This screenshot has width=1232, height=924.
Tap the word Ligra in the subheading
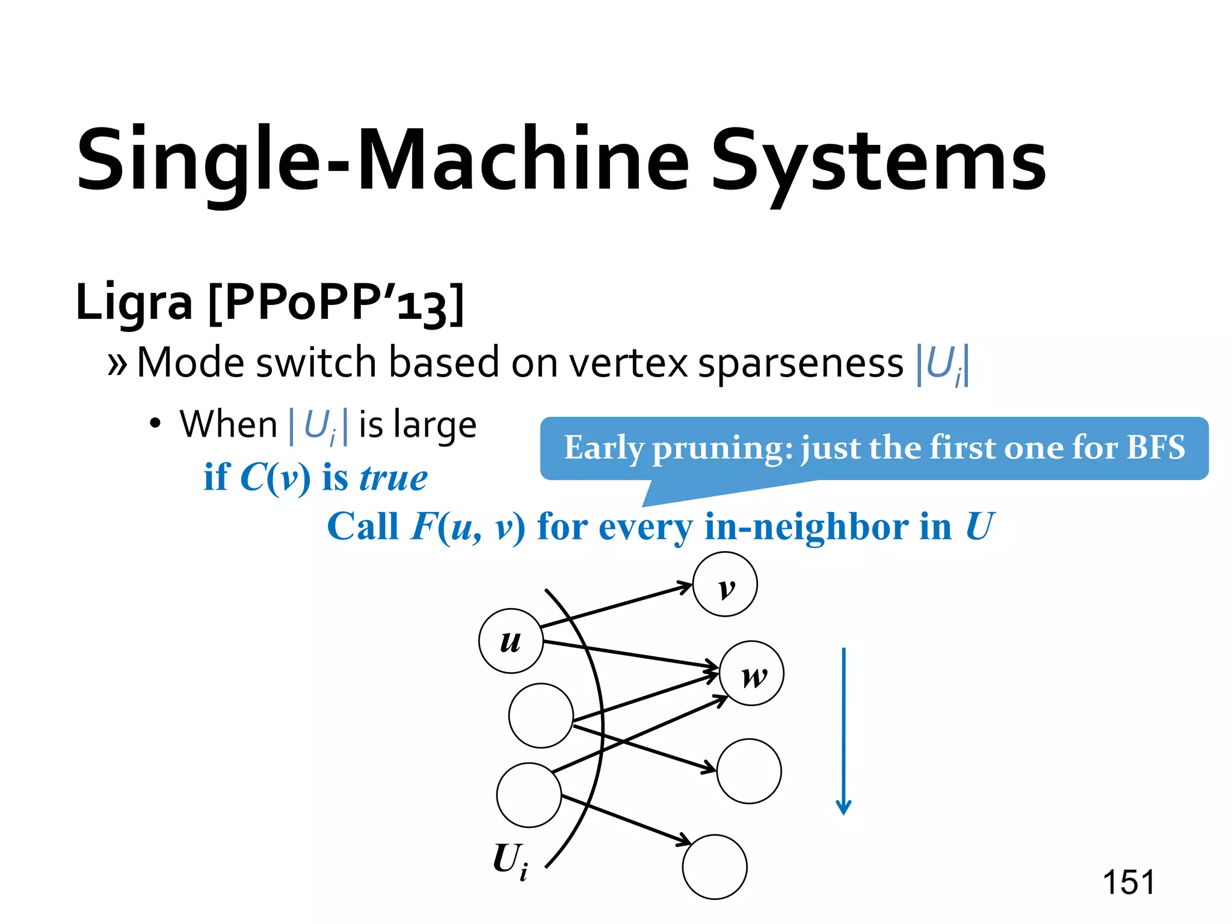[x=134, y=302]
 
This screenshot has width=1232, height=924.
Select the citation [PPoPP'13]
[x=336, y=304]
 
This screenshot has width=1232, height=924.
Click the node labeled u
[x=511, y=641]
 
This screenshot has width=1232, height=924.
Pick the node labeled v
[x=725, y=584]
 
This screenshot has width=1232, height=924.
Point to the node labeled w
[x=752, y=674]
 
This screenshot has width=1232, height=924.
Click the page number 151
[x=1129, y=882]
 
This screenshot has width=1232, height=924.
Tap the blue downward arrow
[x=843, y=731]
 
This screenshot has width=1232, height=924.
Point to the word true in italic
[x=393, y=478]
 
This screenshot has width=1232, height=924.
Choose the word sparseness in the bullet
[x=800, y=363]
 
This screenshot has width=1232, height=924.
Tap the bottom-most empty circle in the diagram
[x=715, y=867]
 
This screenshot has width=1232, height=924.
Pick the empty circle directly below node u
[x=541, y=715]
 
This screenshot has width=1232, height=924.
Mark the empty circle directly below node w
[x=749, y=771]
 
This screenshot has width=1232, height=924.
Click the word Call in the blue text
[x=363, y=527]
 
